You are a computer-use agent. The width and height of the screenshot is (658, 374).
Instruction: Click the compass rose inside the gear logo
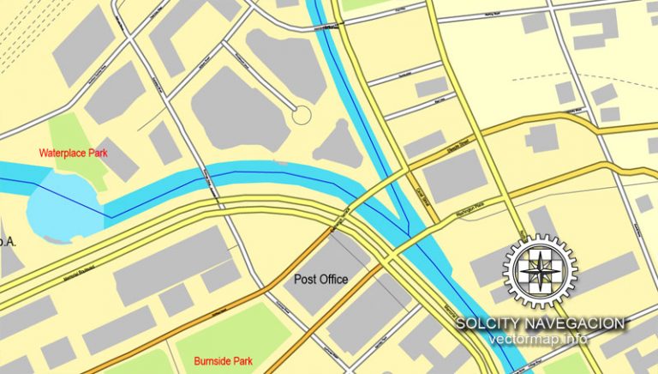tap(540, 271)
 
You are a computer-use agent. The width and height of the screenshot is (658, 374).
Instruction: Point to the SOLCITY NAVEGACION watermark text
tap(540, 323)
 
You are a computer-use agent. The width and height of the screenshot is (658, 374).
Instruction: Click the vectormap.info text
tap(539, 339)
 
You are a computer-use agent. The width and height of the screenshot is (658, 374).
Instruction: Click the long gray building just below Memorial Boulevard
tap(171, 266)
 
